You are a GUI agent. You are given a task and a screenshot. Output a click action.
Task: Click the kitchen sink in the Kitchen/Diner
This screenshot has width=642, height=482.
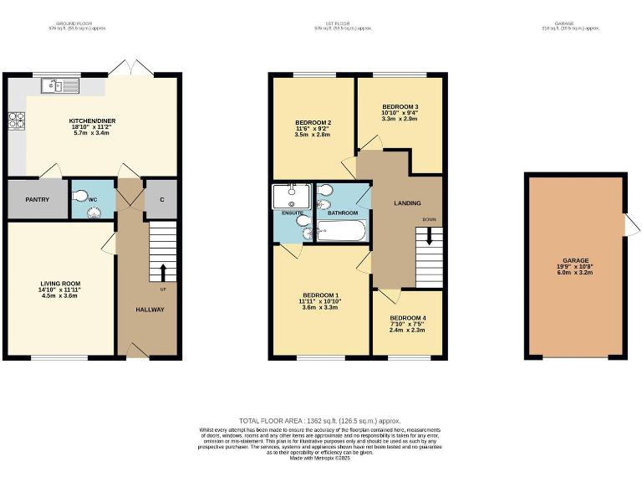coord(59,85)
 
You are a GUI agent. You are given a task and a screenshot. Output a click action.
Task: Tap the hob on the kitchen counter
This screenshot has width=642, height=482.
coord(16,120)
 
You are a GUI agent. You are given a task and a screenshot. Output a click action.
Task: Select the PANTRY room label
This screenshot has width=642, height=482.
coord(36,199)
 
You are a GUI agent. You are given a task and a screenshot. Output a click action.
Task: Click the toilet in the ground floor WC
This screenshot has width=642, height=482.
coord(80,197)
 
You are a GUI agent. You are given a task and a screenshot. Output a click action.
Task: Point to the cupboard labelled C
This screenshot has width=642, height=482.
coord(160,199)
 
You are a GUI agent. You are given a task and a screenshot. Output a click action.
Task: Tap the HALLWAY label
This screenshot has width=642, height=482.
coord(150,310)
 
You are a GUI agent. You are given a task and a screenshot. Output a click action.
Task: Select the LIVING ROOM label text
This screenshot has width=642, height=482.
coord(60,285)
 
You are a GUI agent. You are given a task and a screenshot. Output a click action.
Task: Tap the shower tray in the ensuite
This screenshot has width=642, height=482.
coord(291,197)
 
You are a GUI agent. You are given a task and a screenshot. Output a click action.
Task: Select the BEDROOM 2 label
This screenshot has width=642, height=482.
coord(313,123)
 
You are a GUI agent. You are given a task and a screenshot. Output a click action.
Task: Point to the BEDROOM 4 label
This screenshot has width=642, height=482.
coord(407,318)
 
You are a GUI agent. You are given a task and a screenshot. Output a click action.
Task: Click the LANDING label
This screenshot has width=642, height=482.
coord(407,203)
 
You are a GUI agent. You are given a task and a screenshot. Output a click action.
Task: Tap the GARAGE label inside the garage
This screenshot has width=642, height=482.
coord(575,260)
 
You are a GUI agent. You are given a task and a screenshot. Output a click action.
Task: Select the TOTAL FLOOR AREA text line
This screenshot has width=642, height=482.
coord(320,421)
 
